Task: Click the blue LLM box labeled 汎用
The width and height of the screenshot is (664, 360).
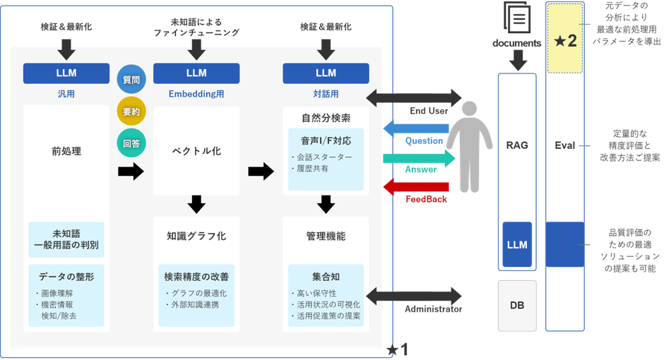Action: coord(66,73)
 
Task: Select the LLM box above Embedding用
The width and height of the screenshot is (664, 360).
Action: coord(196,73)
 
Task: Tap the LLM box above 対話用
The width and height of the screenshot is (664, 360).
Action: coord(326,73)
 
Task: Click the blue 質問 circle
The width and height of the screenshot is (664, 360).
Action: coord(131,80)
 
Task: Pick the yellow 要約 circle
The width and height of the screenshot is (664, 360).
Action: coord(131,112)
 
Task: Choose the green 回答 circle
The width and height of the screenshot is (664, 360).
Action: coord(131,143)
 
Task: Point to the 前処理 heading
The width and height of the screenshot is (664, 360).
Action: coord(66,151)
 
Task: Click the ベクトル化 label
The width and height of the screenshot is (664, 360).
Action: coord(196,151)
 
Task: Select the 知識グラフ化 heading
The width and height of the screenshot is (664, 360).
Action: coord(196,236)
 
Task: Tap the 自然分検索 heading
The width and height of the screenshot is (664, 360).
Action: coord(326,117)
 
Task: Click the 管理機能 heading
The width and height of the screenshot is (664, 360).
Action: coord(326,236)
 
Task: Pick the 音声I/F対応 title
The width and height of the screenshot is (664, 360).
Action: coord(326,140)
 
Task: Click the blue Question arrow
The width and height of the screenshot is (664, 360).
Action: coord(414,127)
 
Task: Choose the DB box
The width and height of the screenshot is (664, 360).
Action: coord(518,305)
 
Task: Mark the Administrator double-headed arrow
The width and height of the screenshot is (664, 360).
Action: coord(414,295)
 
